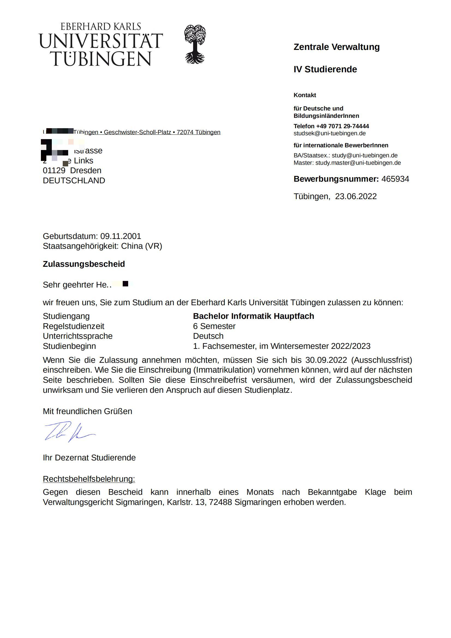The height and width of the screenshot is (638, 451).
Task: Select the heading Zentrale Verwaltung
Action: pyautogui.click(x=336, y=47)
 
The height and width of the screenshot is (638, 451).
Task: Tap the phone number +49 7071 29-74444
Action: pyautogui.click(x=342, y=126)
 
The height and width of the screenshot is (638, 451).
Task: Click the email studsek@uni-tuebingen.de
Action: pyautogui.click(x=329, y=133)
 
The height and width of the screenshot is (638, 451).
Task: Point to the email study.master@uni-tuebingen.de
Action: pyautogui.click(x=358, y=163)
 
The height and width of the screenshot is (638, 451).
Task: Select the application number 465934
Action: pyautogui.click(x=395, y=179)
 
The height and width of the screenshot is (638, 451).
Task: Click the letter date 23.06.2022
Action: pyautogui.click(x=356, y=196)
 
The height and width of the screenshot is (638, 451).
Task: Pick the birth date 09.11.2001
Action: pyautogui.click(x=121, y=236)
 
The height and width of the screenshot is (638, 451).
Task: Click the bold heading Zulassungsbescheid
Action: pyautogui.click(x=84, y=264)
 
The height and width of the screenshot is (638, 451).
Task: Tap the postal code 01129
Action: pyautogui.click(x=54, y=170)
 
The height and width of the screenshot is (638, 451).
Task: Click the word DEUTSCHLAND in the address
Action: pyautogui.click(x=74, y=181)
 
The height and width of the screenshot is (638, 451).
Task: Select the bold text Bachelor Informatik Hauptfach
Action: pyautogui.click(x=253, y=316)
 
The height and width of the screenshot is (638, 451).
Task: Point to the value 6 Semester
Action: pyautogui.click(x=214, y=326)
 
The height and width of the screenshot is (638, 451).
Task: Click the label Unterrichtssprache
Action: pyautogui.click(x=77, y=336)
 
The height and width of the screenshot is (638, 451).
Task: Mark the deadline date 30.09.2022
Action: pyautogui.click(x=326, y=360)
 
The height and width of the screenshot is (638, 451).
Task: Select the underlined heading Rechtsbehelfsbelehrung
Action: pyautogui.click(x=89, y=479)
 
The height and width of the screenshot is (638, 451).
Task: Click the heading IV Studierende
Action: pyautogui.click(x=325, y=69)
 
